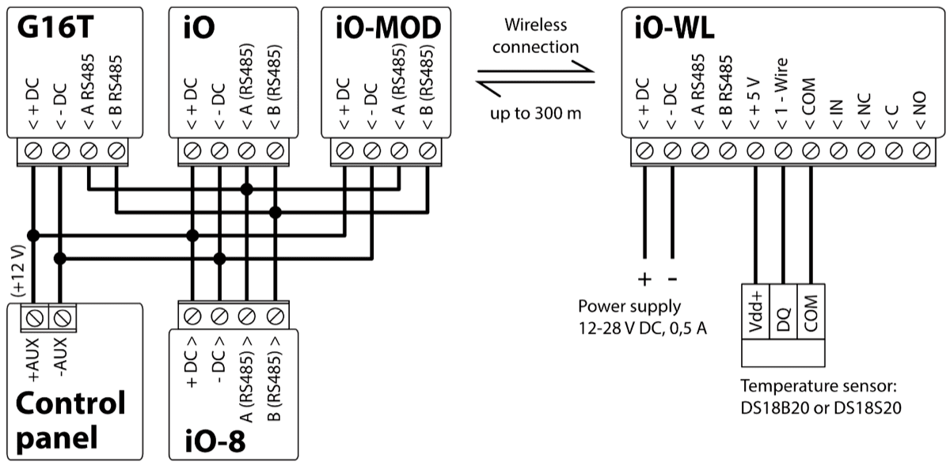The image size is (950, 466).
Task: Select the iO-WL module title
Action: coord(674,28)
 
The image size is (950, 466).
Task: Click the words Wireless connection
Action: coord(535,37)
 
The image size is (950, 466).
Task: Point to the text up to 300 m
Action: coord(536,113)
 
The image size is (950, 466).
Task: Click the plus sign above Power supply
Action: coord(644,279)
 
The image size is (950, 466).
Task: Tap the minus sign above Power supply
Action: coord(672,278)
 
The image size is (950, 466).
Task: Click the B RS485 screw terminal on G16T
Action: coord(117,150)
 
